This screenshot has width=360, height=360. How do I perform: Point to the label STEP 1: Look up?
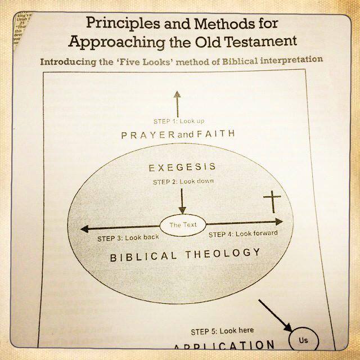tap(178, 121)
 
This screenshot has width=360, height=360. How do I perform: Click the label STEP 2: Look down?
tap(183, 182)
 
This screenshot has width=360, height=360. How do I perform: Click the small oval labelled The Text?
tap(183, 225)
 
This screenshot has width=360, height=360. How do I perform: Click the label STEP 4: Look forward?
tap(242, 233)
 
